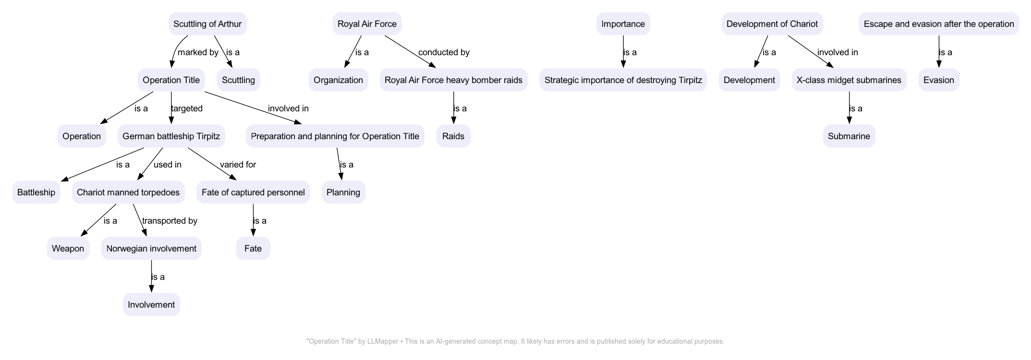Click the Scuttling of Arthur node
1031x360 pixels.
coord(207,24)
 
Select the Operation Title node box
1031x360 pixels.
coord(171,80)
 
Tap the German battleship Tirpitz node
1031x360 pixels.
coord(171,136)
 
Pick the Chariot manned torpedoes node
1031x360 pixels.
coord(128,192)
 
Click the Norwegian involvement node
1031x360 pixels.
coord(151,249)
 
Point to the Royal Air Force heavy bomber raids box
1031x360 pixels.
coord(453,80)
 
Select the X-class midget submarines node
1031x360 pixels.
coord(849,80)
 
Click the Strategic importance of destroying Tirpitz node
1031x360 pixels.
coord(623,80)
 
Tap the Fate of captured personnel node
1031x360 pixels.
coord(253,192)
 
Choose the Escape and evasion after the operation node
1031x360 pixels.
coord(938,24)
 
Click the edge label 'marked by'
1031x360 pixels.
coord(198,52)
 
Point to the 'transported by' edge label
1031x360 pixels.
coord(170,221)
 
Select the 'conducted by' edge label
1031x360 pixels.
coord(444,52)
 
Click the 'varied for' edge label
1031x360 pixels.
coord(238,165)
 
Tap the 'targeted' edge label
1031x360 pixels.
coord(187,108)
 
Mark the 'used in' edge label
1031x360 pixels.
coord(167,165)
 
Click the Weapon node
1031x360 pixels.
coord(68,249)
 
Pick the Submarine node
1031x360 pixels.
coord(849,136)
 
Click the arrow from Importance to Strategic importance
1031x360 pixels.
coord(623,57)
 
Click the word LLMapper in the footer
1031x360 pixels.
coord(383,342)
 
